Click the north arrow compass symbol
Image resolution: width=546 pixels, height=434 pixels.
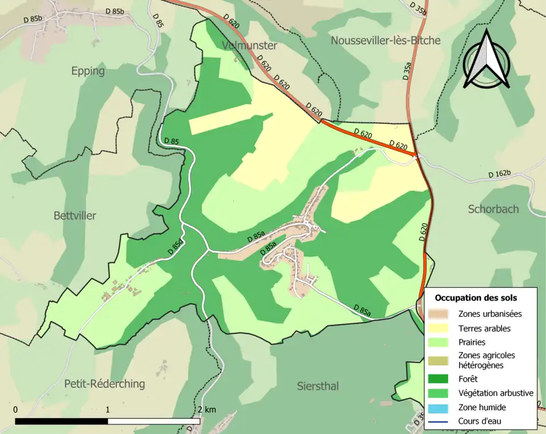pos(486,60)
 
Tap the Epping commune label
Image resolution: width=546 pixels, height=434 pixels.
pos(88,71)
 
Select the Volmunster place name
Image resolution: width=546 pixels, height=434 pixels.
pos(250,45)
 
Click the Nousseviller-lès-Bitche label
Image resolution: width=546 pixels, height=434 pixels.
pos(385,40)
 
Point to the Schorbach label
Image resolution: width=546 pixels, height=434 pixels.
pos(493,209)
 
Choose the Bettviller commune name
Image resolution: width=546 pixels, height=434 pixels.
pos(75,216)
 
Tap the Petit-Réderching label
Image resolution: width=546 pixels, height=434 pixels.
pos(104,383)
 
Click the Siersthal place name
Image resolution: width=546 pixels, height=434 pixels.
pos(318,386)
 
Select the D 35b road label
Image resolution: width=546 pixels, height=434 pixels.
pos(418,7)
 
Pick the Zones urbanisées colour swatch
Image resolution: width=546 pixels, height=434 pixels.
pos(440,313)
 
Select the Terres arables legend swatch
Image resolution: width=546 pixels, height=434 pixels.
pos(440,328)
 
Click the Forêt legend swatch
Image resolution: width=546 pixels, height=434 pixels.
pos(440,378)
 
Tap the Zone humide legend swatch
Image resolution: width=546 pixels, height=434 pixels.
pos(440,407)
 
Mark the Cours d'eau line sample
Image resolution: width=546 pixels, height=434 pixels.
pos(440,421)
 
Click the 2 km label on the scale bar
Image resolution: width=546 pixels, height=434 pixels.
pos(206,410)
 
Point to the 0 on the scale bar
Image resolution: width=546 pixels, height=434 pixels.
pos(15,410)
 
